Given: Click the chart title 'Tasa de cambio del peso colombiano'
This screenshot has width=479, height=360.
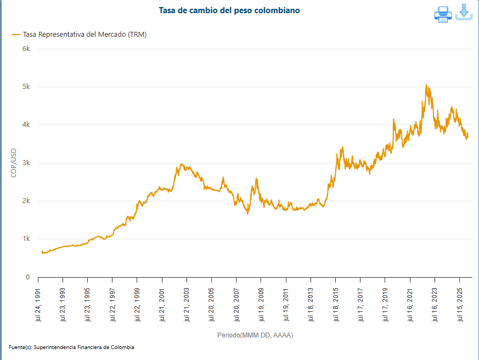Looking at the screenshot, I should (x=229, y=10).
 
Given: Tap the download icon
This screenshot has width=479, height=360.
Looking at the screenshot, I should (x=464, y=13).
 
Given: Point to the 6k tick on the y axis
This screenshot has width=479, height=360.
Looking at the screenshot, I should (x=26, y=49).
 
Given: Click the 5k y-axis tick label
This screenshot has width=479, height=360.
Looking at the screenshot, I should (x=26, y=87).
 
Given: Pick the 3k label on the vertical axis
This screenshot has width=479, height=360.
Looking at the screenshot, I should (x=26, y=163).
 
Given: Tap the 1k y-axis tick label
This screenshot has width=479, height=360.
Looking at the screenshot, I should (x=26, y=239).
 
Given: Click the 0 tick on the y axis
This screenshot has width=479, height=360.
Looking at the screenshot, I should (x=27, y=277).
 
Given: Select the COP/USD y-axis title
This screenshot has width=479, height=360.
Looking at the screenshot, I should (x=14, y=163).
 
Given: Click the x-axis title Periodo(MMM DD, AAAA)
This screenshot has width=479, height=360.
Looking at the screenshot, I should (x=255, y=335).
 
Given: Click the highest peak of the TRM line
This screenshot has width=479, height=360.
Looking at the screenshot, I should (x=426, y=85).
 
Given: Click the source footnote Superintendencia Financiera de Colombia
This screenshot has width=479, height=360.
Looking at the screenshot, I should (x=72, y=347).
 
